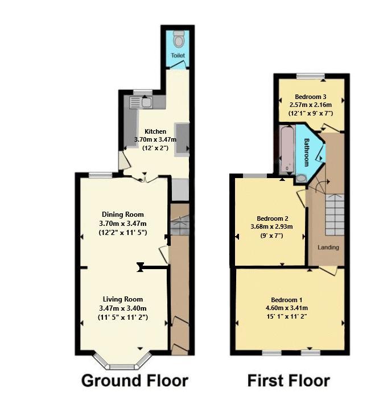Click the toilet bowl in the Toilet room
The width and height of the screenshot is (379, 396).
pyautogui.click(x=179, y=40)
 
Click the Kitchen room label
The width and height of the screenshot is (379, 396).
pyautogui.click(x=155, y=131)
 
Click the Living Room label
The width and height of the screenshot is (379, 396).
pyautogui.click(x=123, y=299)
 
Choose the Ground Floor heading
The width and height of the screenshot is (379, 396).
pyautogui.click(x=134, y=380)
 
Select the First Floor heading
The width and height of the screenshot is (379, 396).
pyautogui.click(x=289, y=380)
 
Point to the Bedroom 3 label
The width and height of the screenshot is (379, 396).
pyautogui.click(x=310, y=96)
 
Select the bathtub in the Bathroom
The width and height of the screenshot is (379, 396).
pyautogui.click(x=286, y=151)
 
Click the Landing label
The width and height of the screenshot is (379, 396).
pyautogui.click(x=328, y=247)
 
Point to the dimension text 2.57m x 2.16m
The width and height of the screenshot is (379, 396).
pyautogui.click(x=310, y=104)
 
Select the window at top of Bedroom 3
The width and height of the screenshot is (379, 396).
pyautogui.click(x=311, y=76)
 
